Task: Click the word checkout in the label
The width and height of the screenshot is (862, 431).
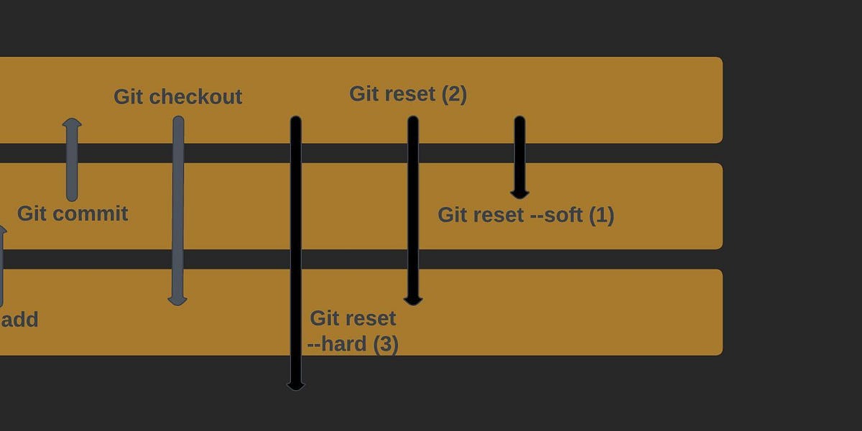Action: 195,97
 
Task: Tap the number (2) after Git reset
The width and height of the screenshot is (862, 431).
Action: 453,94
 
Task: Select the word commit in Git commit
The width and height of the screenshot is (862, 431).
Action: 96,213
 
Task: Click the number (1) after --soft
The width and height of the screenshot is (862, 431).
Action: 602,215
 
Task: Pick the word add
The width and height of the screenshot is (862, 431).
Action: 19,320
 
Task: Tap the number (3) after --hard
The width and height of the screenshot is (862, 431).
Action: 385,344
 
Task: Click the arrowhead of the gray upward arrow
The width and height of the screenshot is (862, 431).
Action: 72,124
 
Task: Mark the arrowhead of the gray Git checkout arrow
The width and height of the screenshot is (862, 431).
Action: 177,300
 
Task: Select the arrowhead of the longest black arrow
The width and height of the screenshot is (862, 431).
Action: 296,385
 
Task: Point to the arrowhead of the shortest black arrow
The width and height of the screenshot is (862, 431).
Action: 519,193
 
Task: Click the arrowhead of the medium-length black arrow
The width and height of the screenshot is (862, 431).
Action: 413,300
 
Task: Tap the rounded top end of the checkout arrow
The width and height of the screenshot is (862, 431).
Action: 178,121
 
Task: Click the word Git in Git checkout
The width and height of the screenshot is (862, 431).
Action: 129,97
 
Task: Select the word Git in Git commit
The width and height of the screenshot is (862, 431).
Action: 32,213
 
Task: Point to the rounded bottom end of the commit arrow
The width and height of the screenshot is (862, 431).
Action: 72,196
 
